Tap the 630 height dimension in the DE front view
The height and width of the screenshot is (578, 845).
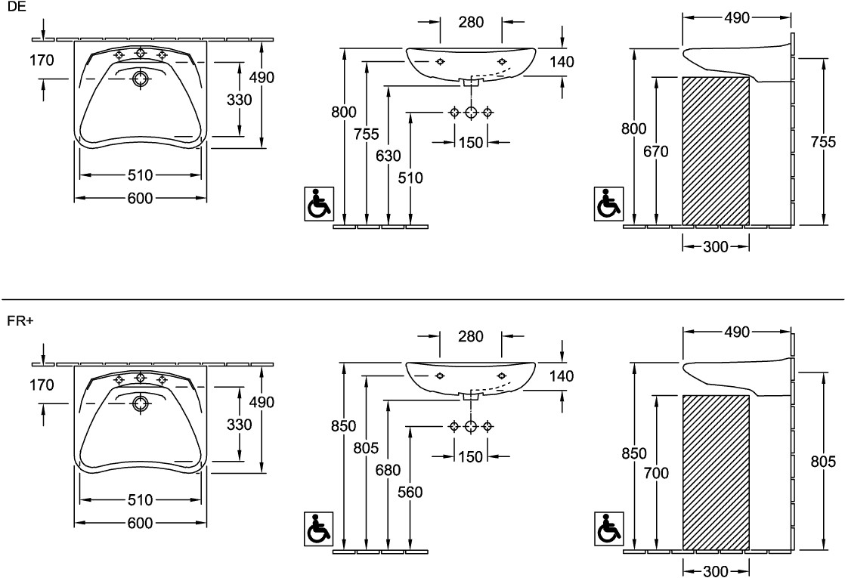(388, 156)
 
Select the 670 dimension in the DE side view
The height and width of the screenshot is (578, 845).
(656, 151)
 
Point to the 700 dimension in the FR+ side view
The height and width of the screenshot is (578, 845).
(656, 474)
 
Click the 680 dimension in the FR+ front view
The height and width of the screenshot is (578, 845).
(388, 469)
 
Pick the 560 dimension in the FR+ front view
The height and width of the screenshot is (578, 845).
(410, 493)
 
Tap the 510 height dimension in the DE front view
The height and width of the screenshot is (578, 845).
(410, 178)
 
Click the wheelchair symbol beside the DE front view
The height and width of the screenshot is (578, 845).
(318, 204)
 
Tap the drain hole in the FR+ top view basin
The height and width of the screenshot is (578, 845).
(140, 403)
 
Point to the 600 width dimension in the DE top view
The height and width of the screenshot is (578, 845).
(140, 198)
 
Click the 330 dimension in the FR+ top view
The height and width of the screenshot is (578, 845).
(240, 425)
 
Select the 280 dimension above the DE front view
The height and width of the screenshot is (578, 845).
(471, 22)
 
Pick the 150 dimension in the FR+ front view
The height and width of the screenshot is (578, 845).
(470, 456)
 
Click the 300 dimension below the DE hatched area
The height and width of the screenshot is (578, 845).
(715, 246)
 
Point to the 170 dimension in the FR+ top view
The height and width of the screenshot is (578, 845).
(42, 385)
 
